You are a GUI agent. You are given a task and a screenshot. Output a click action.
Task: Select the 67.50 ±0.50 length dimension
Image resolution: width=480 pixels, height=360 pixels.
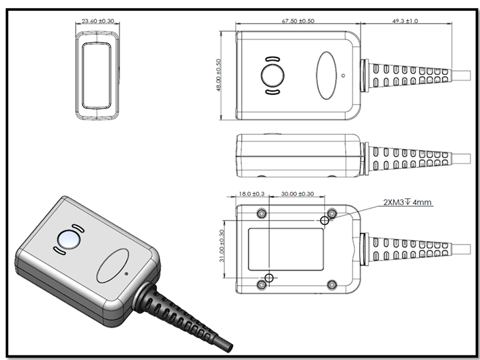tap(297, 21)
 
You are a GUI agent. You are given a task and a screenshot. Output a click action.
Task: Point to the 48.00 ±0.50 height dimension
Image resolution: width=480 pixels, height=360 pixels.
tap(219, 76)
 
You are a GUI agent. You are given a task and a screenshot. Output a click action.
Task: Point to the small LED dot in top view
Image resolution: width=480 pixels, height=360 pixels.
tap(343, 75)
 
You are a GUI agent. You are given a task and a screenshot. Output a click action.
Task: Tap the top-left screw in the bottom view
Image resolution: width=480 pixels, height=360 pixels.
tap(262, 214)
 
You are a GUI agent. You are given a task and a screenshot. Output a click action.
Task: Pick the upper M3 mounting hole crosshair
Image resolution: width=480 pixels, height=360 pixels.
tap(325, 220)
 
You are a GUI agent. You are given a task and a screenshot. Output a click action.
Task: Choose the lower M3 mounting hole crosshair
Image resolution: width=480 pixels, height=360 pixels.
tap(268, 277)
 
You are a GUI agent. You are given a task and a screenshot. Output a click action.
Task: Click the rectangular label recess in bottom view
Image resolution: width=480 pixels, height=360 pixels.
tap(286, 248)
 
